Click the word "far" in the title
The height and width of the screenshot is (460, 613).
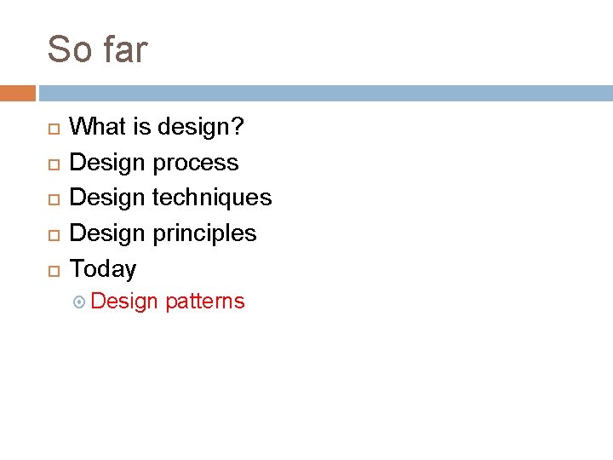tap(124, 49)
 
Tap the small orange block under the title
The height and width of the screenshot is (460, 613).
tap(18, 93)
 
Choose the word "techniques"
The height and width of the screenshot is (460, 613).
tap(212, 198)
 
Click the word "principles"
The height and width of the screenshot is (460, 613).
tap(204, 233)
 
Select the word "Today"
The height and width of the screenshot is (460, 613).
tap(102, 269)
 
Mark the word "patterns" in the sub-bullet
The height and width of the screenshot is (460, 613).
tap(205, 302)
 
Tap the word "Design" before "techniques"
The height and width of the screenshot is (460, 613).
tap(108, 198)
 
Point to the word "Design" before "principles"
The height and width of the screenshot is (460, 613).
tap(108, 233)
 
